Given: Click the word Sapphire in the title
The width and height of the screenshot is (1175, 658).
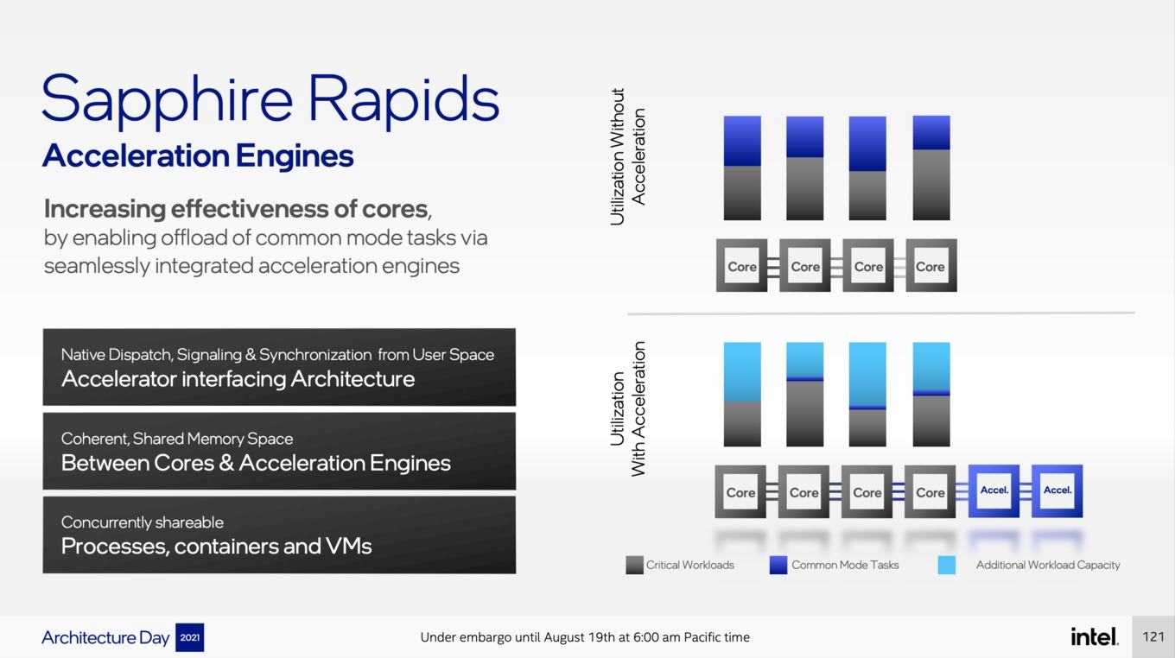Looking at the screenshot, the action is (167, 101).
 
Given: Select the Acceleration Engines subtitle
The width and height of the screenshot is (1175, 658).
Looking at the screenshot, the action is (199, 157).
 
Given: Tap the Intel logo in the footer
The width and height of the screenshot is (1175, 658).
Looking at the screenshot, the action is (1094, 636).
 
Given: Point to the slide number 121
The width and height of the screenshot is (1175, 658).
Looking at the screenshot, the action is (1153, 636).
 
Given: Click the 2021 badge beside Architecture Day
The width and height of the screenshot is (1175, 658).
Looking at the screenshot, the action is (189, 637).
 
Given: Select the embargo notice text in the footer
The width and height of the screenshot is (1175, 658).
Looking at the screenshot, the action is (585, 637).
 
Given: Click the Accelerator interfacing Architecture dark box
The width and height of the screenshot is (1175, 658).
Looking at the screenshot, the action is (279, 367).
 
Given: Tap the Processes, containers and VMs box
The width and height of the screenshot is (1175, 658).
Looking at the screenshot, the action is (279, 535).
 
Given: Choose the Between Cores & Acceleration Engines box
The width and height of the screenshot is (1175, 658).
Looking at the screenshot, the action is (279, 451).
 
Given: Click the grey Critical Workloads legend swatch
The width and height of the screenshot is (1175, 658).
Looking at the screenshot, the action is (634, 566).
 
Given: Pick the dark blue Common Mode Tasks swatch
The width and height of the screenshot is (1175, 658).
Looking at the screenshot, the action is (778, 566).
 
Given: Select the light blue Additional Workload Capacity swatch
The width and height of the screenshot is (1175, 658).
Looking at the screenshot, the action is (947, 566).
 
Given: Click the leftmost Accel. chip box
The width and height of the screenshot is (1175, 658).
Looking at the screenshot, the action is (994, 490).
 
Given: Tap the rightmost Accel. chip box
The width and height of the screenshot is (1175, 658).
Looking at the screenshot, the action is (1057, 490).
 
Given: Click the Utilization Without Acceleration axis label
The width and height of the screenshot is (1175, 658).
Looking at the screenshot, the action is (627, 157).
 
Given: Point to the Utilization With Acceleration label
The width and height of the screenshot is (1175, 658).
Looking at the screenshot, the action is (627, 409).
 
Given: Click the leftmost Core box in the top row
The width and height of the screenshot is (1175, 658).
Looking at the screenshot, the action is (741, 265).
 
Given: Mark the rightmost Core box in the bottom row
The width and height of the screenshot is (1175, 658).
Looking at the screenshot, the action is (930, 492).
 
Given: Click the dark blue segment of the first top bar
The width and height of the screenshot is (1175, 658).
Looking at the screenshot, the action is (742, 141).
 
